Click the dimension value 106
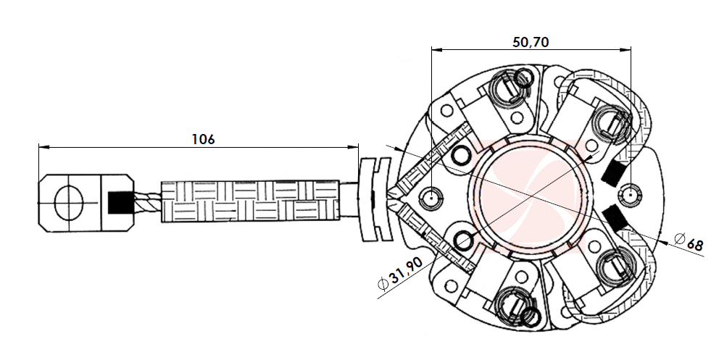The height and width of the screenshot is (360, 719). click(x=203, y=138)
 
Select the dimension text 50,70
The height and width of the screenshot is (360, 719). click(x=531, y=42)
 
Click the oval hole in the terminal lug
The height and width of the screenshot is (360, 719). click(x=70, y=201)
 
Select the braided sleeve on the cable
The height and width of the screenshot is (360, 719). click(x=249, y=201)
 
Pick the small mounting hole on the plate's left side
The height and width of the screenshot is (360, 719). click(x=433, y=196)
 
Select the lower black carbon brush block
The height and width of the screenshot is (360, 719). click(x=615, y=217)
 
